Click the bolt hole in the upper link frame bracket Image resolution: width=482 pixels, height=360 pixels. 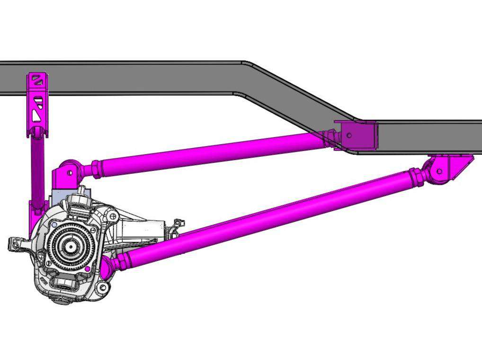(x=349, y=135)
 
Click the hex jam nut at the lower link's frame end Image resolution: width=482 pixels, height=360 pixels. (x=417, y=176)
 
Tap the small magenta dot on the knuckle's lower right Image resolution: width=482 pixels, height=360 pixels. (x=88, y=269)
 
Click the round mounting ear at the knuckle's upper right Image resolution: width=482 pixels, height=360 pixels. (x=112, y=216)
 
